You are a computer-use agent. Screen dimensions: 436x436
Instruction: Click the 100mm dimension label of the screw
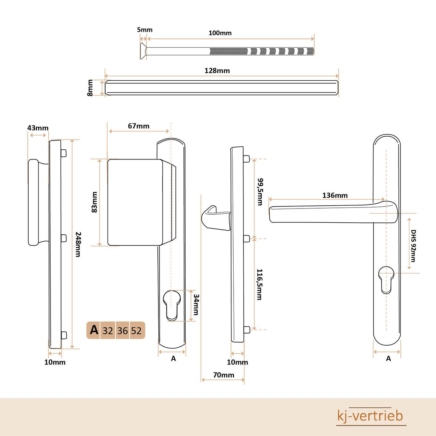tap(220, 33)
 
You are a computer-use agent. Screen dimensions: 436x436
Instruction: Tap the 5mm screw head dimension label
tap(145, 30)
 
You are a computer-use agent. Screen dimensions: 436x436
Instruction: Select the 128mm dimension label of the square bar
tap(217, 71)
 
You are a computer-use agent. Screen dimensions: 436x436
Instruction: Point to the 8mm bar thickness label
tap(90, 88)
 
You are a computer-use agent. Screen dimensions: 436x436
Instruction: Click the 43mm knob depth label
tap(38, 128)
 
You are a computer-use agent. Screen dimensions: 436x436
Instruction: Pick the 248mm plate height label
tap(77, 244)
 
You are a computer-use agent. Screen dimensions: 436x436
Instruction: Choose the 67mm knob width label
tap(138, 126)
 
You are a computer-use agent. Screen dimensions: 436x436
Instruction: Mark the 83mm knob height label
tap(94, 202)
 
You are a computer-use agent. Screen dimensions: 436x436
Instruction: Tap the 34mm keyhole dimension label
tap(195, 304)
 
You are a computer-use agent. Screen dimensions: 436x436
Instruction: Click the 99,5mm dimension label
tap(260, 191)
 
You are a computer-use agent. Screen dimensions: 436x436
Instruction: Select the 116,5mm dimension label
tap(259, 284)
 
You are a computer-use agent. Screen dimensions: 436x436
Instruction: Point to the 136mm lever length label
tap(335, 195)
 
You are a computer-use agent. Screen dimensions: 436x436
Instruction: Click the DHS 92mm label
tap(413, 246)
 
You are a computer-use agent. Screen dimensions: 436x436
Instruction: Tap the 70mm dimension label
tap(223, 375)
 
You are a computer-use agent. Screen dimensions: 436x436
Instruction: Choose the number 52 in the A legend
tap(136, 331)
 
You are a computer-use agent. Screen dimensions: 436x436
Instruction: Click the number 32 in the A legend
tap(108, 331)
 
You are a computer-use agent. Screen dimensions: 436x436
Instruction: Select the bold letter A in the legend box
tap(94, 330)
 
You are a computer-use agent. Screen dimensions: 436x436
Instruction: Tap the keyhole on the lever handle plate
tap(386, 278)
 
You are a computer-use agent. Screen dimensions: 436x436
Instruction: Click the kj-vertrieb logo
tap(370, 416)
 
